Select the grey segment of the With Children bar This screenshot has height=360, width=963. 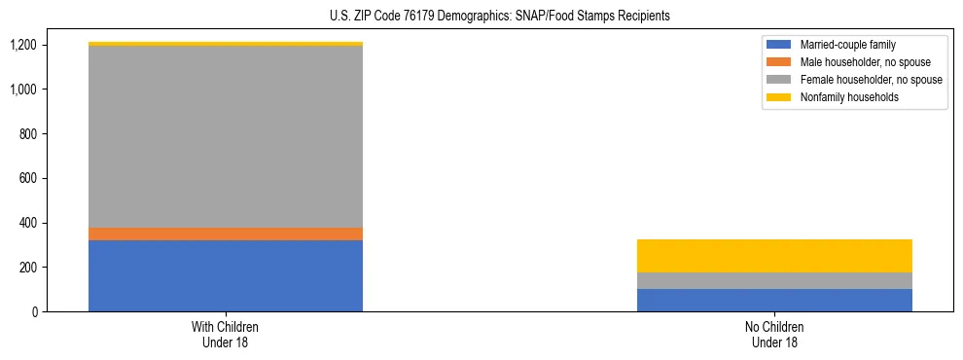coord(226,136)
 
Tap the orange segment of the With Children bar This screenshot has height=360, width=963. coord(226,234)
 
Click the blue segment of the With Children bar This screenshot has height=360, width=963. coord(226,275)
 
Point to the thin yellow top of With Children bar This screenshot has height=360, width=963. coord(226,44)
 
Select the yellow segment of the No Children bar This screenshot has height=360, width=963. coord(774,256)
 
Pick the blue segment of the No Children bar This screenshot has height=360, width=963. coord(774,300)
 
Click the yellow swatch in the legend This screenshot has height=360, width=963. coord(780,97)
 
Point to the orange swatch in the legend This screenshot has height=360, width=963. coord(780,62)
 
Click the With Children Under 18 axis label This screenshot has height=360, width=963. coord(226,334)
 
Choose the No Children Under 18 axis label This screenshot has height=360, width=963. coord(774,334)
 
